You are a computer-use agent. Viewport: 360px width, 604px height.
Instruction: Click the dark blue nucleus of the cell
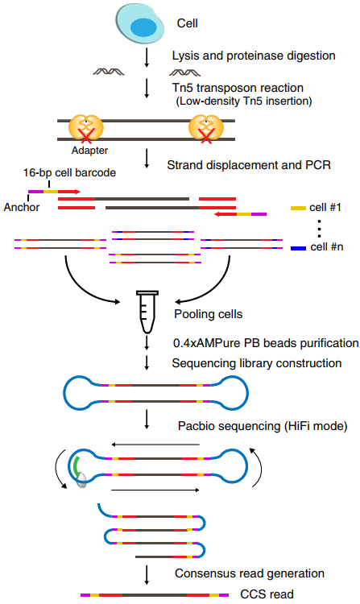[146, 27]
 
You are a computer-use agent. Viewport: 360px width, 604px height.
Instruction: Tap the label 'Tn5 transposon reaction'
[228, 88]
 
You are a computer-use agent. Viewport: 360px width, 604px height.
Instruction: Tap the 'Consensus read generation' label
[249, 573]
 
